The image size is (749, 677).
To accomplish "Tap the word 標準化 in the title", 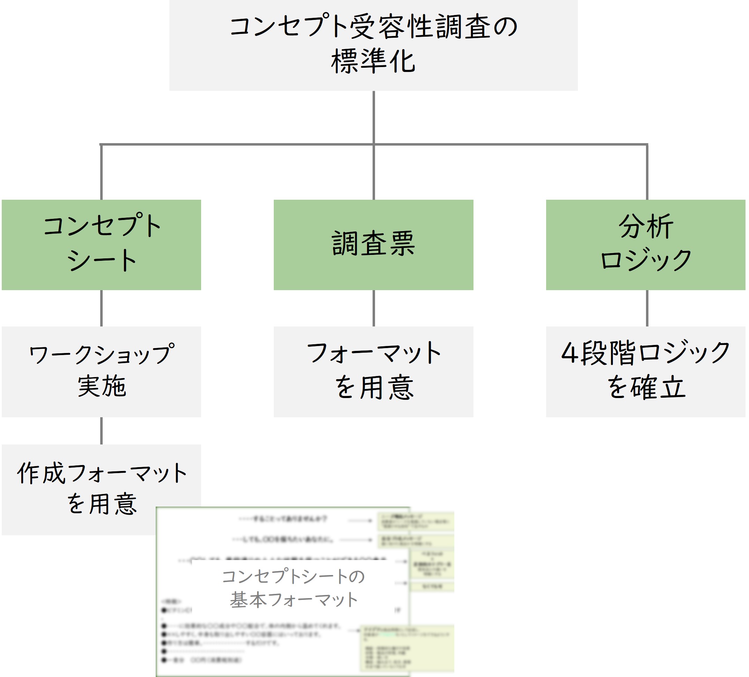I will (373, 61).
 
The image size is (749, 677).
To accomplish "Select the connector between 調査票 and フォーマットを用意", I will (373, 308).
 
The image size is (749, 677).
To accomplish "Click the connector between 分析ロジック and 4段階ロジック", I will (647, 308).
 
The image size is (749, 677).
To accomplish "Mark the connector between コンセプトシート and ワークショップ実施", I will (101, 308).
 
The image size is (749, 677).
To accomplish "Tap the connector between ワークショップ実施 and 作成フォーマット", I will (101, 430).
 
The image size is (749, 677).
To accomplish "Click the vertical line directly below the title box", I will (373, 117).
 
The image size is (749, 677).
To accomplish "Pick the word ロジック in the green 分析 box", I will (646, 260).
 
